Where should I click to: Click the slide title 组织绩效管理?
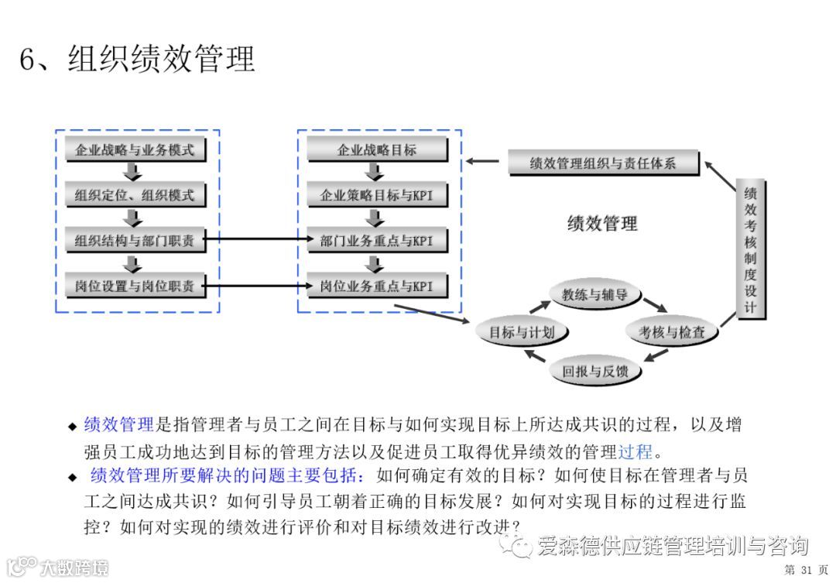coord(137,60)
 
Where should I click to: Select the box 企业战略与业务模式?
coord(135,150)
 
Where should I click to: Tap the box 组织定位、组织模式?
coord(135,195)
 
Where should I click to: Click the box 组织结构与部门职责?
coord(135,241)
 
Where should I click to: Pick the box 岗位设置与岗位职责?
coord(135,286)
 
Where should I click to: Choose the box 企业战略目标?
coord(376,150)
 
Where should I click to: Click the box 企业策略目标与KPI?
coord(376,195)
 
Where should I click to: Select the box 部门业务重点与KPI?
coord(376,241)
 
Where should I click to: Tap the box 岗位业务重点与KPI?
coord(376,286)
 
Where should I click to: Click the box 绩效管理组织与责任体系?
coord(603,163)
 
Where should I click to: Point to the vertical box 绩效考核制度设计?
coord(750,249)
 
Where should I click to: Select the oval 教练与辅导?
coord(594,294)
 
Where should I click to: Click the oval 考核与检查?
coord(671,333)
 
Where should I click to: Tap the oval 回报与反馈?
coord(594,372)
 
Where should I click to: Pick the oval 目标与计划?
coord(521,333)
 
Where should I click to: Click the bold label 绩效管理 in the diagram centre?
coord(602,225)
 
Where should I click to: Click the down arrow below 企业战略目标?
coord(376,173)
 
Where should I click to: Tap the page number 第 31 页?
coord(806,571)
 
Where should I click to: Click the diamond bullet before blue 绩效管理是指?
coord(73,427)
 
